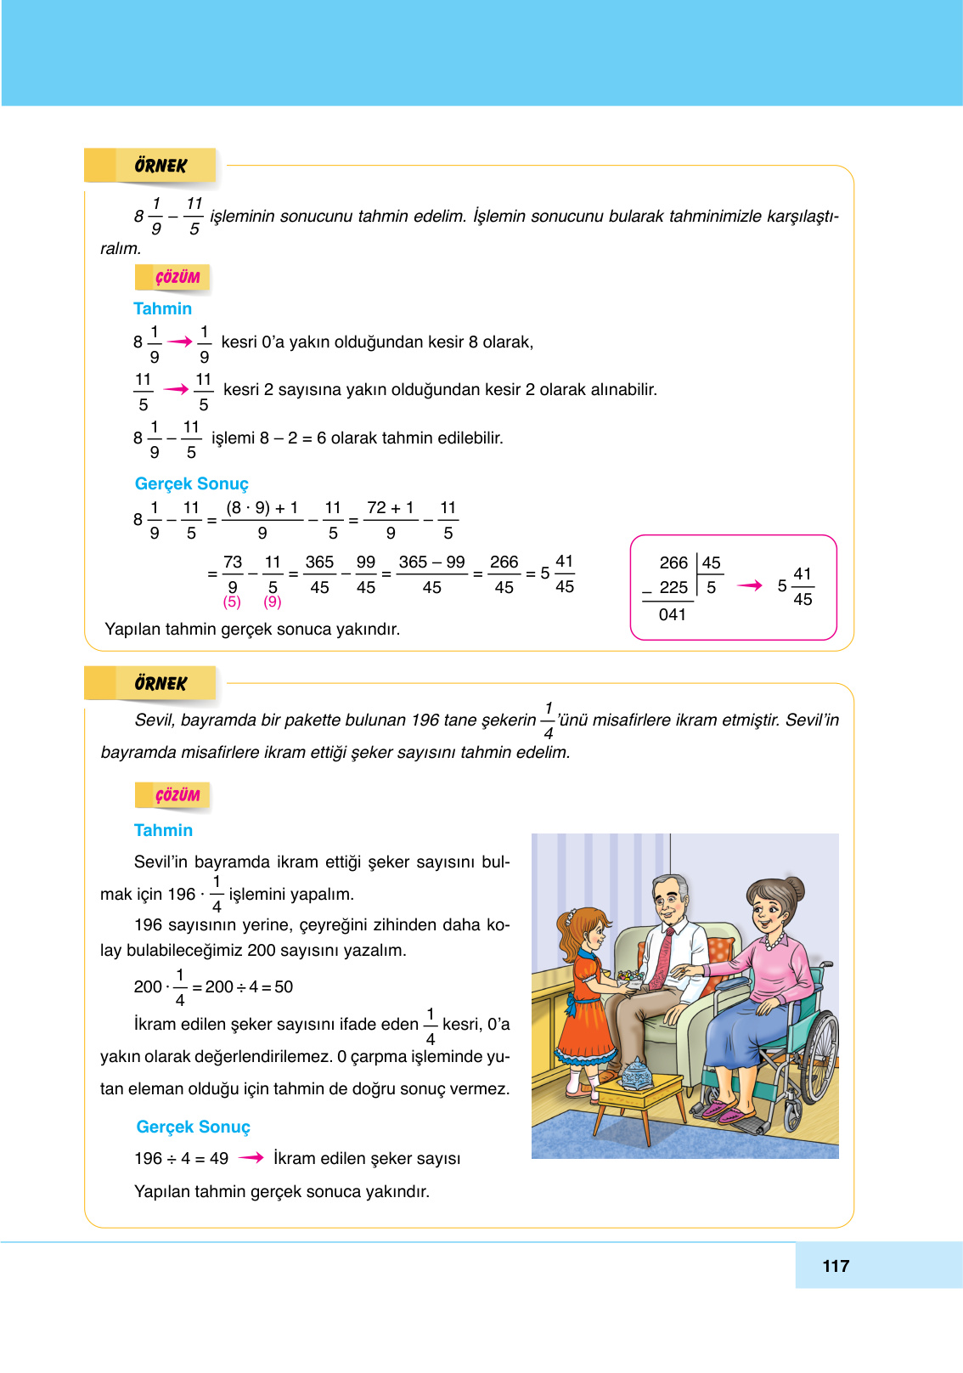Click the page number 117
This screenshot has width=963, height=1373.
tap(836, 1266)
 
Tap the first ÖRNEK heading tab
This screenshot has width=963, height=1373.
tap(160, 166)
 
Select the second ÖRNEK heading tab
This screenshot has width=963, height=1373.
tap(160, 683)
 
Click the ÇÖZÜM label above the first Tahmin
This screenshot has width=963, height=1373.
tap(177, 278)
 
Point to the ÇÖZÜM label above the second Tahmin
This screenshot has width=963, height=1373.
tap(177, 795)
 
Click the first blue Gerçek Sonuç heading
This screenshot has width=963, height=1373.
tap(192, 483)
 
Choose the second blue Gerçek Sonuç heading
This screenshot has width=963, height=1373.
tap(194, 1127)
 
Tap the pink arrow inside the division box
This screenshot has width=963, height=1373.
tap(750, 585)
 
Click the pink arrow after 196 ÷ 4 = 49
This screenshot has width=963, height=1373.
tap(251, 1157)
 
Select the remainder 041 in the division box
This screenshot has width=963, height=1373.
tap(672, 614)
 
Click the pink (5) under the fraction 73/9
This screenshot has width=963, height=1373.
tap(232, 602)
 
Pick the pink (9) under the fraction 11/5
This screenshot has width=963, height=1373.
tap(272, 602)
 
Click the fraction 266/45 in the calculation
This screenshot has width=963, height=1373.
tap(504, 574)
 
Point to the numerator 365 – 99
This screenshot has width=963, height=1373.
tap(431, 562)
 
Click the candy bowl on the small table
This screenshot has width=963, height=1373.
tap(636, 1072)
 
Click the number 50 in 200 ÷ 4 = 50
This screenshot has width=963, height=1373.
tap(284, 986)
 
